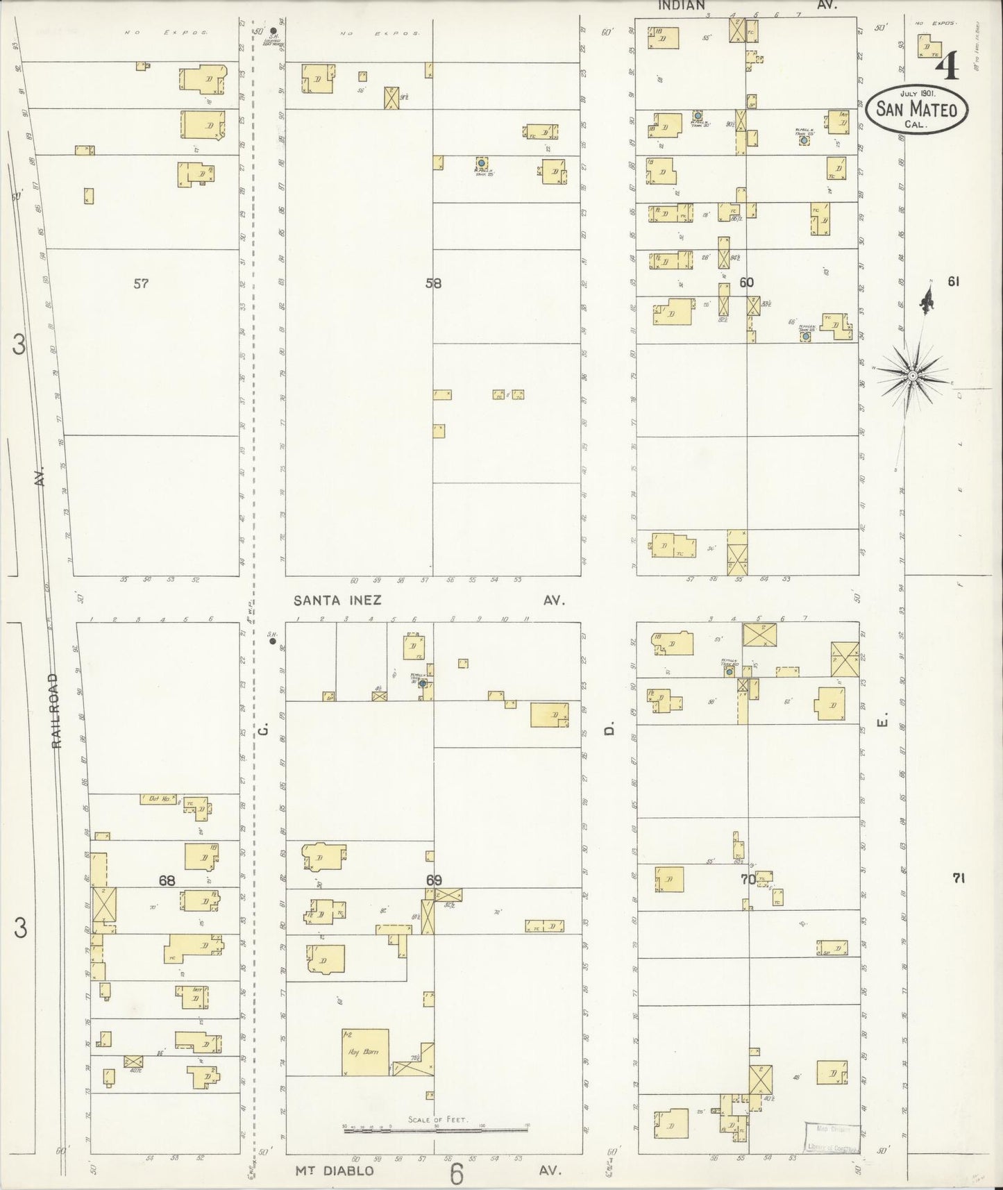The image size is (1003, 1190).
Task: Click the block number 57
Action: click(x=141, y=283)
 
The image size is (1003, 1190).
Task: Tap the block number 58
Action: click(x=434, y=283)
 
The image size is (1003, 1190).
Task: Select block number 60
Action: click(x=746, y=283)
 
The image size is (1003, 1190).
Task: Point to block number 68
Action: click(x=167, y=881)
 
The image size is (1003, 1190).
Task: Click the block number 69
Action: click(x=434, y=880)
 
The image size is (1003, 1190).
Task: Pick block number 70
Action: click(x=748, y=879)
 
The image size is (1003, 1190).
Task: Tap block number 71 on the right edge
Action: click(x=959, y=878)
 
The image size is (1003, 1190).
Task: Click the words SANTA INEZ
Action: click(x=337, y=601)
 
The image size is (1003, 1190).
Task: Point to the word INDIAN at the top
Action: click(x=682, y=5)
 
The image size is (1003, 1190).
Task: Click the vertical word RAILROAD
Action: click(x=57, y=710)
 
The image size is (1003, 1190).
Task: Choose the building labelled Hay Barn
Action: click(x=365, y=1052)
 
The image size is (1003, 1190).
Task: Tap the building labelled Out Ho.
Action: click(x=159, y=799)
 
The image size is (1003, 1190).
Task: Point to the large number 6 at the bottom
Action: click(x=456, y=1173)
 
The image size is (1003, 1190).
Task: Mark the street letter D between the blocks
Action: click(x=609, y=729)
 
